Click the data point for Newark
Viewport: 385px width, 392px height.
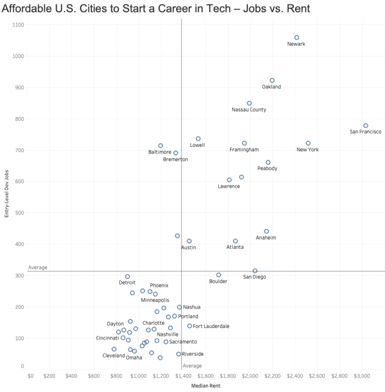pyautogui.click(x=297, y=38)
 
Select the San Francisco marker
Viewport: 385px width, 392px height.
pyautogui.click(x=365, y=126)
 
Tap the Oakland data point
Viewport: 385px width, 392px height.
pyautogui.click(x=272, y=80)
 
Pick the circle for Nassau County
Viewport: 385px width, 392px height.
pyautogui.click(x=249, y=103)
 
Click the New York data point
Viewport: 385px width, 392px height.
pyautogui.click(x=308, y=143)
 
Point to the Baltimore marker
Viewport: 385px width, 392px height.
pyautogui.click(x=160, y=146)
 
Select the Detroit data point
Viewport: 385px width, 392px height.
pyautogui.click(x=127, y=276)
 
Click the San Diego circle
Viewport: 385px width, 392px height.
pyautogui.click(x=255, y=271)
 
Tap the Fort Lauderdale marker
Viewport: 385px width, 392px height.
pyautogui.click(x=189, y=326)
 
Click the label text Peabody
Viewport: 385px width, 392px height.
pyautogui.click(x=267, y=169)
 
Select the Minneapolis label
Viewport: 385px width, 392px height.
pyautogui.click(x=155, y=300)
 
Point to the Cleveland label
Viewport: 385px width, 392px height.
pyautogui.click(x=114, y=355)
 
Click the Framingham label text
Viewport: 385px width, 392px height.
pyautogui.click(x=244, y=150)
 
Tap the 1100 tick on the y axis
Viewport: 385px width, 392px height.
pyautogui.click(x=18, y=25)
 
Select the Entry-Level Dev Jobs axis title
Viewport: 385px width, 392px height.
pyautogui.click(x=7, y=193)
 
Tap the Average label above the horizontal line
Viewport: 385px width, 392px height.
pyautogui.click(x=38, y=267)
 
